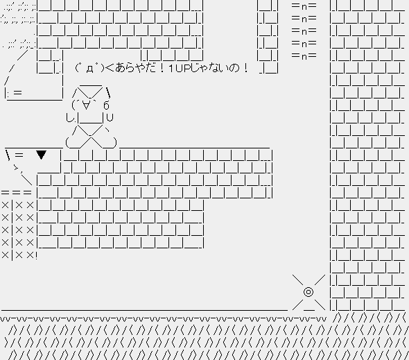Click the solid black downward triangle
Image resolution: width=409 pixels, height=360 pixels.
coord(41,155)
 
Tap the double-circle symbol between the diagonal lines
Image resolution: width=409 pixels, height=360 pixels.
coord(308,292)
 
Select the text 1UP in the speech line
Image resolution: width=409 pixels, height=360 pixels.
coord(180,69)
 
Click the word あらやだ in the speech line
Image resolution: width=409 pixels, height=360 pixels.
coord(134,68)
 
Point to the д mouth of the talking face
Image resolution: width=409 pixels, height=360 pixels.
coord(89,69)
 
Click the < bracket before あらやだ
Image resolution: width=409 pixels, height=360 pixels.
coord(110,69)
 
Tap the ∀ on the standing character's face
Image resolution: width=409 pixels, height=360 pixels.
coord(86,105)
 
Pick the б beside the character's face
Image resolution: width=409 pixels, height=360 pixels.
coord(106,105)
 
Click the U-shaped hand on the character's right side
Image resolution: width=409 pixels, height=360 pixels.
coord(110,117)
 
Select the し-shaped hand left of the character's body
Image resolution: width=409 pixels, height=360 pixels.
coord(70,118)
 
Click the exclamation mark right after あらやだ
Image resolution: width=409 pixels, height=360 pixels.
coord(162,69)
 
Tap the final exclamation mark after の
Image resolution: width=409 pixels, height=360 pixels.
coord(245,69)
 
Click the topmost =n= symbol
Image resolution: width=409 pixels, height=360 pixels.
coord(304,6)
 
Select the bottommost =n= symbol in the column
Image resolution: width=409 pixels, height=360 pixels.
coord(304,55)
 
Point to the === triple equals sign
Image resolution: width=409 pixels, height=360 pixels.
coord(16,193)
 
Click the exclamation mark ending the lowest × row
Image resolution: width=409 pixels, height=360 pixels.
coord(36,255)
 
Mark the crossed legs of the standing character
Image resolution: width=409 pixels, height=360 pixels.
coord(92,137)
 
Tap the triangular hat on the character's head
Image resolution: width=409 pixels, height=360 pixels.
coord(91,92)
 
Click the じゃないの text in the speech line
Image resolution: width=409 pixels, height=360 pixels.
coord(215,68)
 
